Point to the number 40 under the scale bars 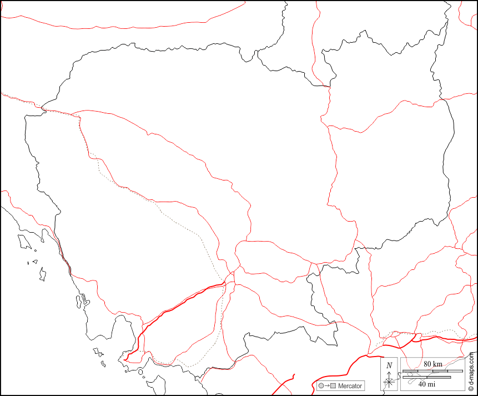click(x=422, y=384)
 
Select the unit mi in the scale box click(x=431, y=384)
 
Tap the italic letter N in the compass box click(x=389, y=365)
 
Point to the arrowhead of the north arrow click(x=389, y=372)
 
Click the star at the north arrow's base click(x=389, y=382)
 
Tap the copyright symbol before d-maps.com click(x=471, y=390)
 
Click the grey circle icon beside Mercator click(x=321, y=386)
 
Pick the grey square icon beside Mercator click(x=333, y=386)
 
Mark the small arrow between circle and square click(x=327, y=386)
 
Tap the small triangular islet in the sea click(x=35, y=262)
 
